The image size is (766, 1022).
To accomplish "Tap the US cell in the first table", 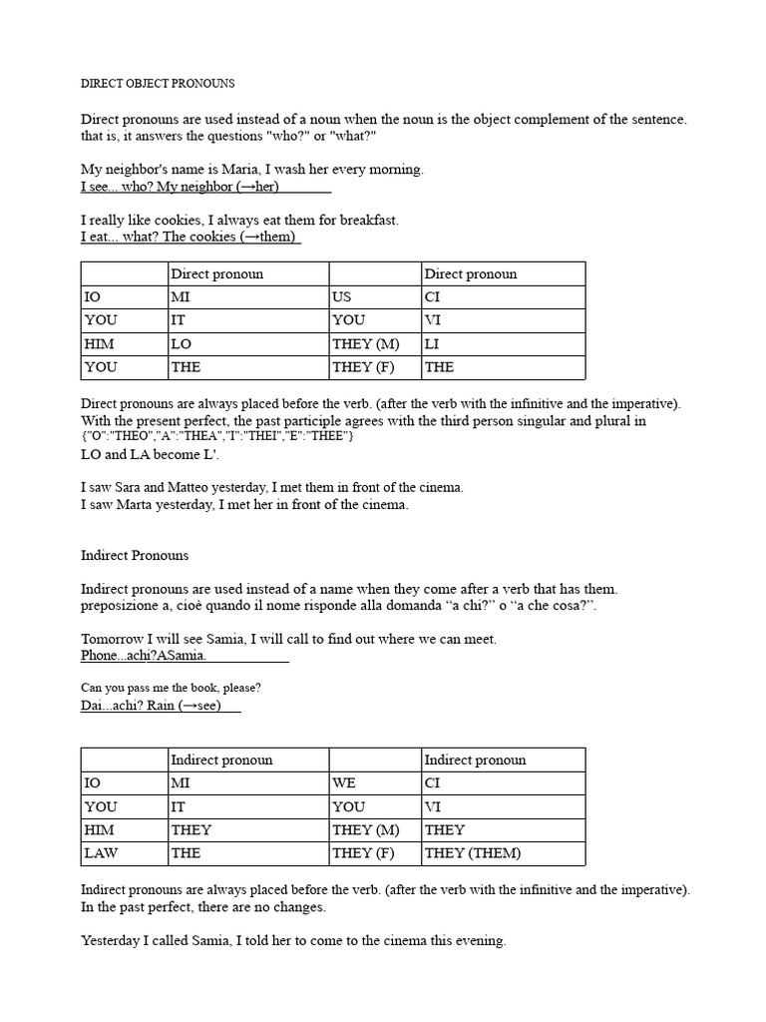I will [x=342, y=296].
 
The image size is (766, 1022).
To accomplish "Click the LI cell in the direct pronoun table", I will [x=433, y=343].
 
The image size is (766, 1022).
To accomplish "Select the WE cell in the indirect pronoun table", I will [x=344, y=783].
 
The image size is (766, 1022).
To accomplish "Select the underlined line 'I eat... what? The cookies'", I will [x=190, y=237].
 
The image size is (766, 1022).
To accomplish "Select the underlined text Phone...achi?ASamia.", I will [x=144, y=656].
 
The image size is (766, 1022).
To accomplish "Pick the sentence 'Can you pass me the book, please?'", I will [x=171, y=688].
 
